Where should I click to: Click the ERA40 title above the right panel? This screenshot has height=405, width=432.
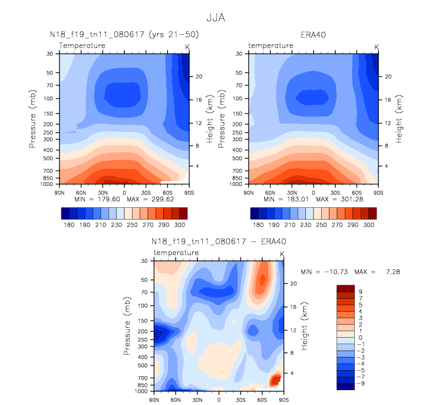coord(312,35)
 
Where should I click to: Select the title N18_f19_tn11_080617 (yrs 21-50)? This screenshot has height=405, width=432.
coord(124,35)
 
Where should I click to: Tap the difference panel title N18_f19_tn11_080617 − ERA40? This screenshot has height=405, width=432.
coord(219,242)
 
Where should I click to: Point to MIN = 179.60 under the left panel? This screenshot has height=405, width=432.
coord(97,200)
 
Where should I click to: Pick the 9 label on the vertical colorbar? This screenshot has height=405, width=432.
coord(361,291)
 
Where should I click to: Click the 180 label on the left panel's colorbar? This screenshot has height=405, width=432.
coord(68,225)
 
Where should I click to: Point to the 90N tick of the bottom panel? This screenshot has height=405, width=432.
coord(154,400)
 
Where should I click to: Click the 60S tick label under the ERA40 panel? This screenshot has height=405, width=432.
coord(357,192)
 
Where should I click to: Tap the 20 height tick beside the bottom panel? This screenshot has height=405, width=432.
coord(293,283)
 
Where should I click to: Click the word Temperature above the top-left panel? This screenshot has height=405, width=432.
coord(83,45)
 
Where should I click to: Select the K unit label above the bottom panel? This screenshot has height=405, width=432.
coord(282,254)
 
